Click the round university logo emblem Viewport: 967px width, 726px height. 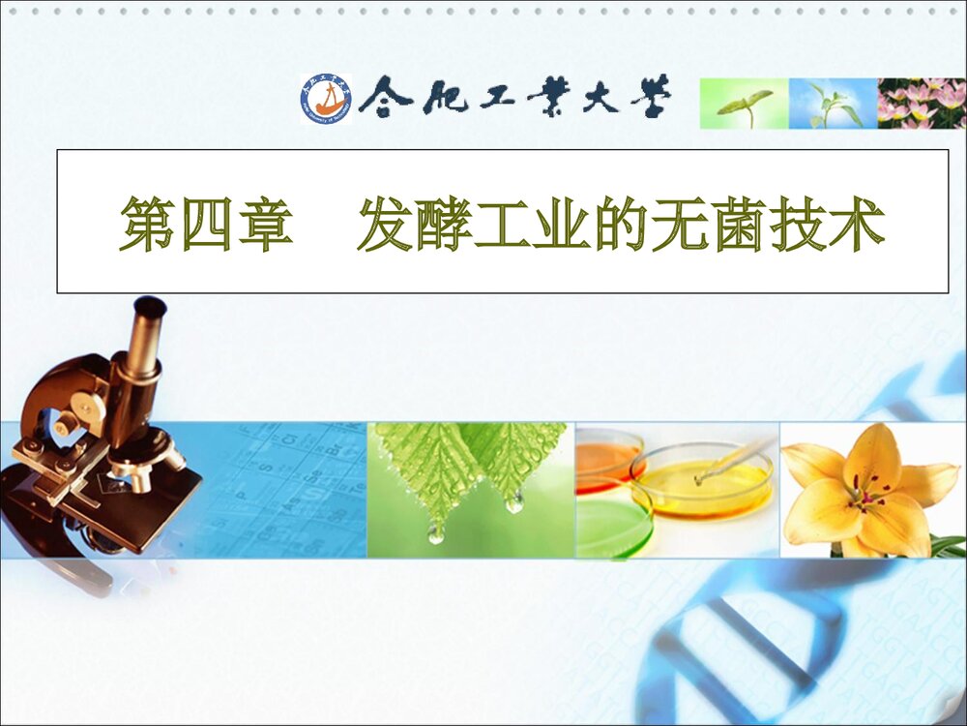tap(326, 100)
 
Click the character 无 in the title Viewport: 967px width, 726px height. tap(683, 225)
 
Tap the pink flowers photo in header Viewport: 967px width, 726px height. tap(921, 104)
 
